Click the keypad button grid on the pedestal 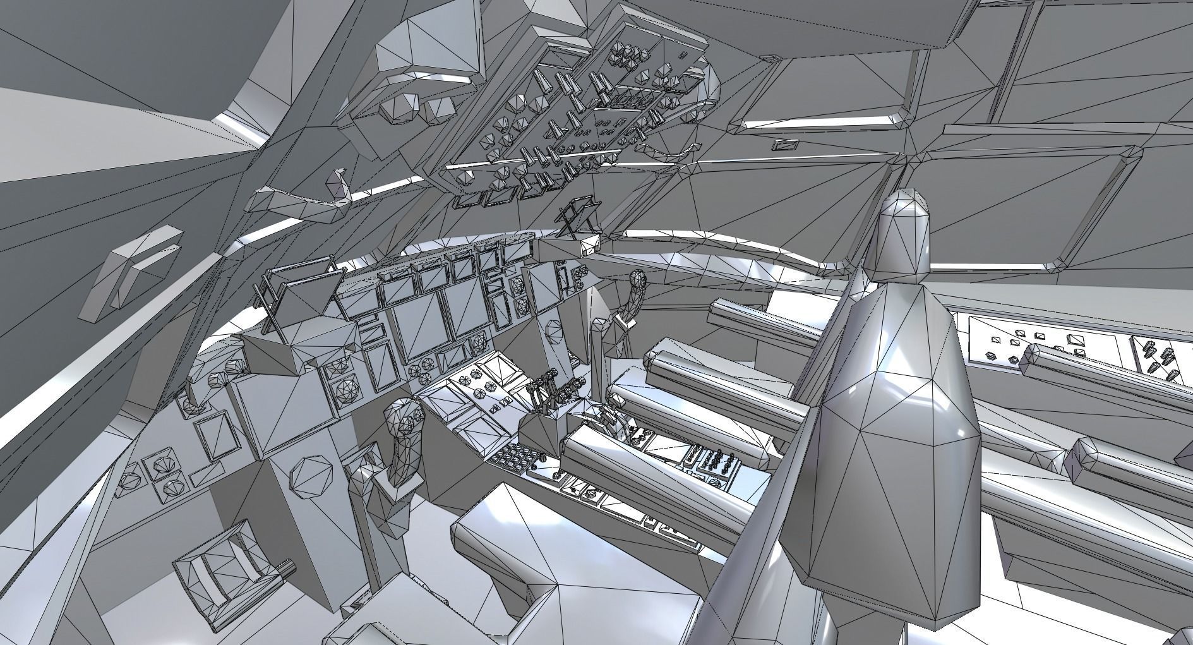click(515, 455)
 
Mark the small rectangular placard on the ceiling click(785, 145)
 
